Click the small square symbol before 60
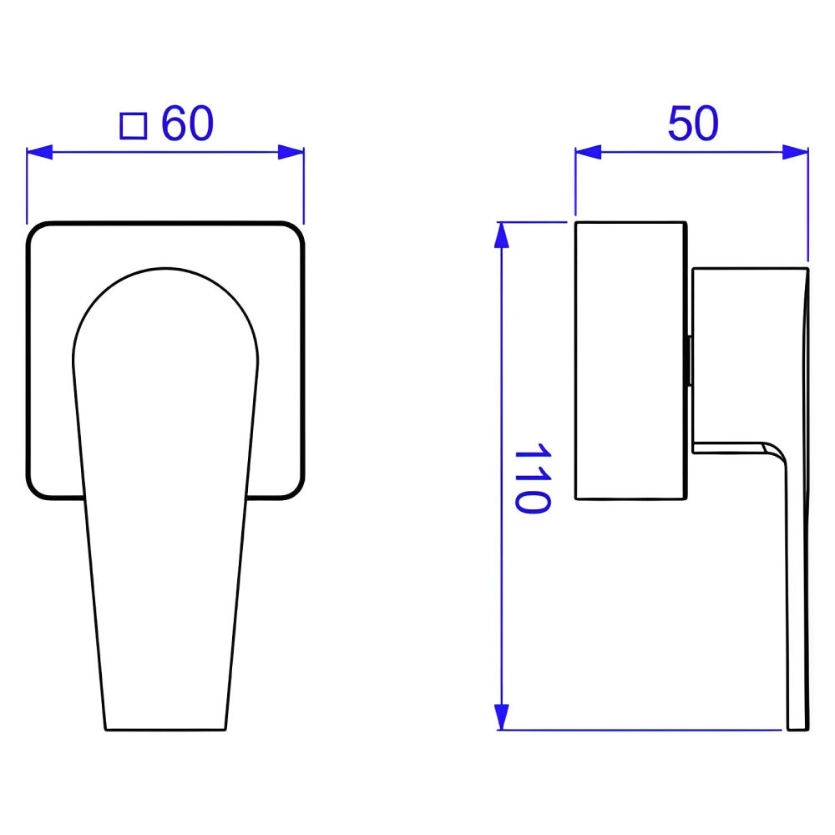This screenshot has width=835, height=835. tap(134, 126)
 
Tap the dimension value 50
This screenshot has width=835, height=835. tap(692, 125)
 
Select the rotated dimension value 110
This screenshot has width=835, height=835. tap(531, 478)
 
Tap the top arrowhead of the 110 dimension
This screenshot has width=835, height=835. tap(501, 236)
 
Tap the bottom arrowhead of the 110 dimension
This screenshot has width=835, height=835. tap(501, 716)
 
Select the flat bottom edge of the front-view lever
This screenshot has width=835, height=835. tap(165, 729)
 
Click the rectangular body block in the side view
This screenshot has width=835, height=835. tap(630, 361)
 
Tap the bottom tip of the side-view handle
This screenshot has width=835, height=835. tap(798, 728)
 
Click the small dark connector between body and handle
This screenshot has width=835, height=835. tap(688, 361)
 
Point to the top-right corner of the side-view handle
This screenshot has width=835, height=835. tap(807, 270)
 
